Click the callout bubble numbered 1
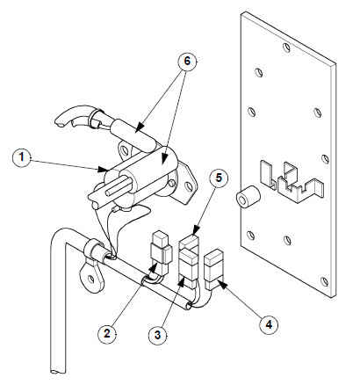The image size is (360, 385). click(x=22, y=157)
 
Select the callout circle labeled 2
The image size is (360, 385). click(x=107, y=333)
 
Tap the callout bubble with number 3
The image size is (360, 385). click(x=158, y=335)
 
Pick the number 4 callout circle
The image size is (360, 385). click(x=269, y=324)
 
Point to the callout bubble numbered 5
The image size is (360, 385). click(x=219, y=178)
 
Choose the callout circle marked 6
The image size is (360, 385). click(x=187, y=62)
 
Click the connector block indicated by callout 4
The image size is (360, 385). click(x=213, y=269)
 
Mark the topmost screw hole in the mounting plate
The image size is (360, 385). click(x=288, y=47)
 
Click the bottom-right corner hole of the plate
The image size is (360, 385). click(x=324, y=281)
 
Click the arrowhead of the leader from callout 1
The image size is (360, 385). click(x=103, y=169)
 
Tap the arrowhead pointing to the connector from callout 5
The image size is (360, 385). click(x=195, y=229)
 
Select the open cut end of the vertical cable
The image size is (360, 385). click(x=58, y=372)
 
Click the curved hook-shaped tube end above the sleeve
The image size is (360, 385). click(x=74, y=116)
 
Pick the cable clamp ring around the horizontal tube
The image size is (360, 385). click(x=94, y=250)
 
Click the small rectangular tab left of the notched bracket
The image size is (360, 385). click(x=267, y=175)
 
